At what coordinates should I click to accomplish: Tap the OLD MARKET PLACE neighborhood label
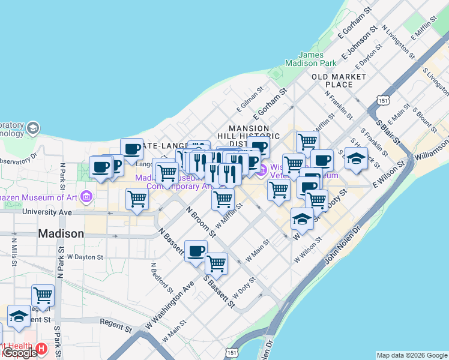339,80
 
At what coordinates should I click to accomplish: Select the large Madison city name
61,233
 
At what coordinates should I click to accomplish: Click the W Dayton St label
85,257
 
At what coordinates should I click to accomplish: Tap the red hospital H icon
41,348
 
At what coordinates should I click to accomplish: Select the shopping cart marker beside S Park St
43,295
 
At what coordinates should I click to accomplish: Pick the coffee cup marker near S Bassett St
196,250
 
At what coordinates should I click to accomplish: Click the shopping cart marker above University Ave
137,198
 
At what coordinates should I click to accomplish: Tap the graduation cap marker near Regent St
19,316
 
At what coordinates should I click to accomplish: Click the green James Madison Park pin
277,74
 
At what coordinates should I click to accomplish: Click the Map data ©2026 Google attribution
412,355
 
